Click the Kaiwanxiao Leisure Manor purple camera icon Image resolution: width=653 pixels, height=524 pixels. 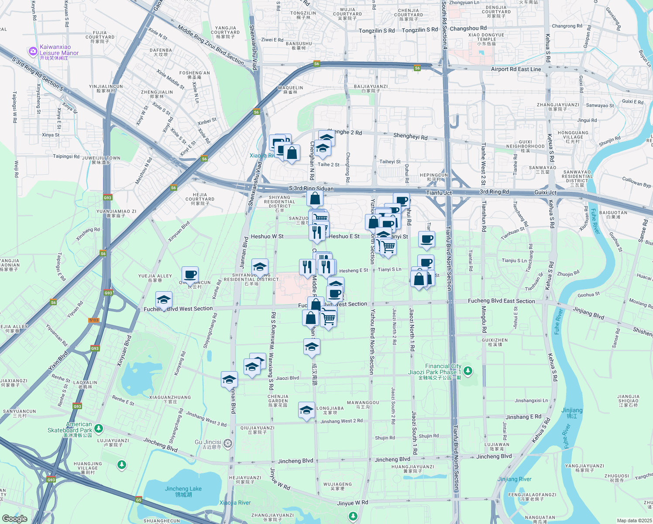click(33, 52)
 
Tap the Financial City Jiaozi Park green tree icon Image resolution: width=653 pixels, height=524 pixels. click(468, 371)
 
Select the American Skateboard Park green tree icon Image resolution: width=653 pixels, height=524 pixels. click(99, 428)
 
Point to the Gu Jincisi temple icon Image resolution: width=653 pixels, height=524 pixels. click(228, 444)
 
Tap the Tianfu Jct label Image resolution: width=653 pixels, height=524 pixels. click(439, 193)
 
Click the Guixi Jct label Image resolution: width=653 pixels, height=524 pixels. click(546, 193)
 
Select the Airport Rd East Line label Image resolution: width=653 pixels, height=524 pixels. click(516, 69)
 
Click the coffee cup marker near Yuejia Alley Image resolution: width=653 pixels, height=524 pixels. click(190, 275)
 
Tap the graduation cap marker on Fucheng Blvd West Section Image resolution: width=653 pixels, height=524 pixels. click(164, 300)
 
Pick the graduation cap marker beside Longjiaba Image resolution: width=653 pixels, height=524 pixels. click(306, 410)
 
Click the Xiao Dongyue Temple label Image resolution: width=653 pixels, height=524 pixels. click(486, 39)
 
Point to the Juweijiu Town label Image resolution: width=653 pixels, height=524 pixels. click(101, 160)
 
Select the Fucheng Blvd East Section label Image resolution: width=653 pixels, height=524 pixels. click(501, 301)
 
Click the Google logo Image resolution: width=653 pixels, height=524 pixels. click(15, 518)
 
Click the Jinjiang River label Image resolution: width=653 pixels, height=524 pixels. click(514, 479)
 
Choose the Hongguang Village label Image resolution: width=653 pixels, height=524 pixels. click(573, 137)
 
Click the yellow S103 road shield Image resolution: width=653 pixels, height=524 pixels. click(94, 320)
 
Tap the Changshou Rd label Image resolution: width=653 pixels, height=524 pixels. click(468, 28)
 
